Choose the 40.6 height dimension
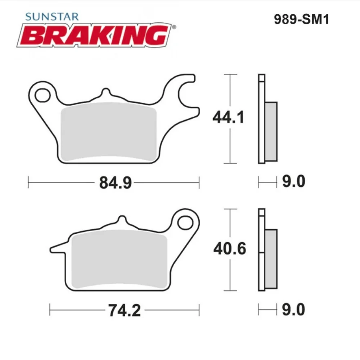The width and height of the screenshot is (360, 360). pos(229,249)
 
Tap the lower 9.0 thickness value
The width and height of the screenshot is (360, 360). pos(293,310)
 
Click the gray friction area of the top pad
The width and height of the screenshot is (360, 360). pos(109,133)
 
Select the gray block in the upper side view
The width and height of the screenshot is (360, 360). pos(271,131)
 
